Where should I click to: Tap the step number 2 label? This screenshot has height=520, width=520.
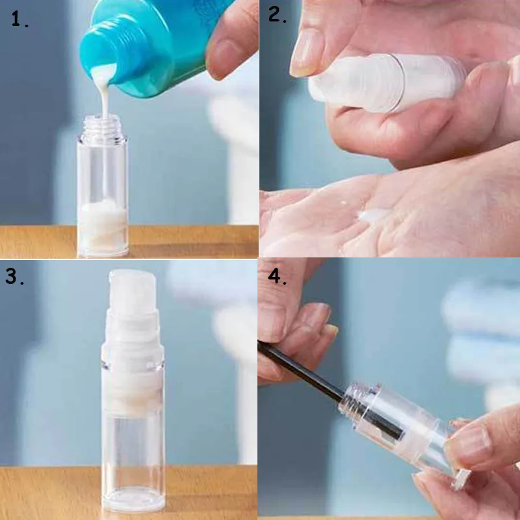point(278,16)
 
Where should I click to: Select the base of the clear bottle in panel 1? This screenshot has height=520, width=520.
point(102,250)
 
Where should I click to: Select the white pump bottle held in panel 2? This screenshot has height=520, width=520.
point(390,81)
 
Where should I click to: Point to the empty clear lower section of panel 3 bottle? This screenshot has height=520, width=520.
point(133,455)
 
